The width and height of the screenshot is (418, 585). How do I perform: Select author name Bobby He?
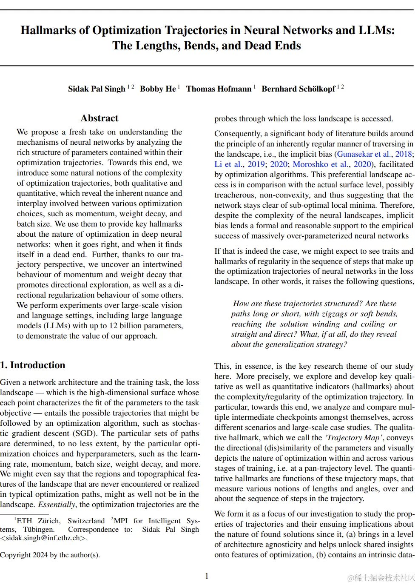pyautogui.click(x=158, y=89)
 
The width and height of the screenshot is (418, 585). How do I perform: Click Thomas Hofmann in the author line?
pyautogui.click(x=219, y=89)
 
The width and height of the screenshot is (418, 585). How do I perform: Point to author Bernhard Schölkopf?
pyautogui.click(x=298, y=89)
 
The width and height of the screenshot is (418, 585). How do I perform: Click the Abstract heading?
pyautogui.click(x=100, y=118)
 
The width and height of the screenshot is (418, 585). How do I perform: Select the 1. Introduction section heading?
pyautogui.click(x=33, y=365)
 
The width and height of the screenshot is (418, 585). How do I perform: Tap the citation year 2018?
pyautogui.click(x=404, y=154)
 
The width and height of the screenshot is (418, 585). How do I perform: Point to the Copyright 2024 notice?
pyautogui.click(x=50, y=555)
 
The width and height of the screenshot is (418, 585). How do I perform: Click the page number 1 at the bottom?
pyautogui.click(x=207, y=576)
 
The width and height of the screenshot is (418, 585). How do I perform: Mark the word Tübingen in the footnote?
pyautogui.click(x=39, y=530)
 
